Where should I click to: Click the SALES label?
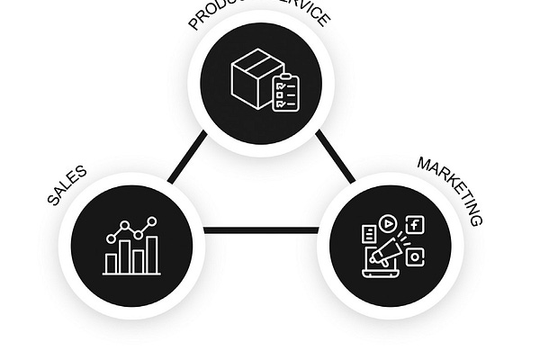(67, 185)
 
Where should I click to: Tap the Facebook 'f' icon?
(414, 225)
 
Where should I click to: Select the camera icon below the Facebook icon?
(414, 256)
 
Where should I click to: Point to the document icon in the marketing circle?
(368, 234)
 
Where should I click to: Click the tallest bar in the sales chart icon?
(153, 254)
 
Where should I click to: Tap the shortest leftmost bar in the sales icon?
(111, 262)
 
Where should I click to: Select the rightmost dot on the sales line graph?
(153, 220)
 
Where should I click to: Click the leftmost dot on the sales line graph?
(111, 239)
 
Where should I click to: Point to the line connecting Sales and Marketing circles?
(261, 230)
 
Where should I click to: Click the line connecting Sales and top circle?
(187, 160)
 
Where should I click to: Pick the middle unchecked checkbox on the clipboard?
(279, 94)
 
